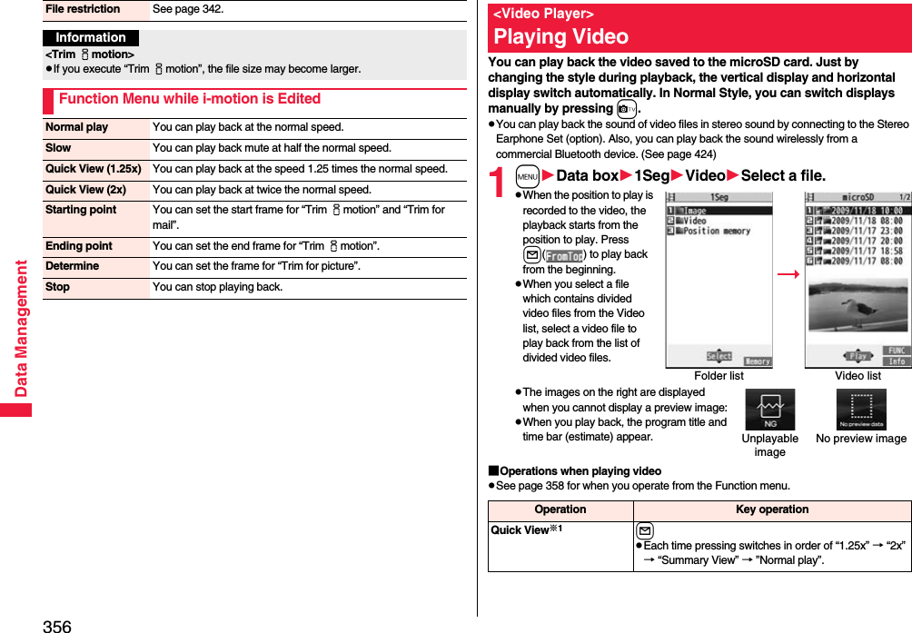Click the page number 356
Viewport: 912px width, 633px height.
click(x=56, y=626)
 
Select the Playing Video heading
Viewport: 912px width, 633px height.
click(x=560, y=37)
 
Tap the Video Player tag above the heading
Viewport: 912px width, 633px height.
click(x=543, y=14)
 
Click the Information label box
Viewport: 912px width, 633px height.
click(x=91, y=38)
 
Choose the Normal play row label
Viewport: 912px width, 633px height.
click(x=77, y=127)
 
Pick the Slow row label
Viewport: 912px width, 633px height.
click(x=58, y=148)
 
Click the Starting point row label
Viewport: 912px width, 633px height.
click(x=81, y=210)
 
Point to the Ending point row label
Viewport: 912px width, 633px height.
click(x=79, y=246)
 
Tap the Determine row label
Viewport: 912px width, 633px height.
click(x=72, y=266)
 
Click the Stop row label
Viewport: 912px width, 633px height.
click(x=57, y=287)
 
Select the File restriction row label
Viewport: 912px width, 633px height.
click(x=83, y=9)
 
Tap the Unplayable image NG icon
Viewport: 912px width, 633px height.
click(x=769, y=410)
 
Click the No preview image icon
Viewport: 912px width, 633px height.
click(x=861, y=410)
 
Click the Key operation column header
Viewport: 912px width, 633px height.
click(x=772, y=510)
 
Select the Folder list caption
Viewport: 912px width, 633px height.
click(x=719, y=376)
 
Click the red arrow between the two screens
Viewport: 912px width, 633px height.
click(x=788, y=274)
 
